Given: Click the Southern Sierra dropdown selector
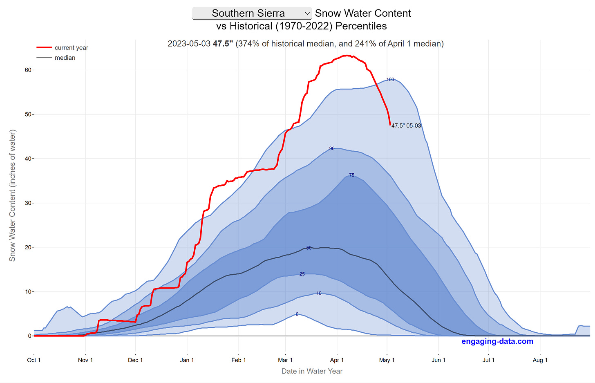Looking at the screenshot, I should click(x=252, y=13).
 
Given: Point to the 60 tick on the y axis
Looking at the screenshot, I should click(x=28, y=70).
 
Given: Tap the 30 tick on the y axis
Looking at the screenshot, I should click(x=28, y=203).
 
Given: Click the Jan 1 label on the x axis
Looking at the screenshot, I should click(x=187, y=360).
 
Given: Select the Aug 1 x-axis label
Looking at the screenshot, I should click(x=540, y=360).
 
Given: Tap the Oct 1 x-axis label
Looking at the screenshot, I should click(x=34, y=360).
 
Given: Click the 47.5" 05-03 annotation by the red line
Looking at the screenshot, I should click(x=406, y=126).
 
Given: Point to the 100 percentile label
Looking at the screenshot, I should click(x=390, y=80).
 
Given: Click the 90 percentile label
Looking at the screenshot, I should click(x=332, y=149).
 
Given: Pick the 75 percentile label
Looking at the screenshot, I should click(x=352, y=175).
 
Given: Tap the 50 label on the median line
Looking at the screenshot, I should click(x=309, y=248).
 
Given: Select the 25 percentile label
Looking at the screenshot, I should click(x=302, y=274).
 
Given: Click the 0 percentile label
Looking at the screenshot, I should click(x=297, y=314).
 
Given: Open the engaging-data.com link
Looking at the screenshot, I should click(x=497, y=342).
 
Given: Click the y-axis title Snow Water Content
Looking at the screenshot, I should click(x=12, y=195).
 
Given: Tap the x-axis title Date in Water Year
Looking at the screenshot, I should click(x=312, y=371).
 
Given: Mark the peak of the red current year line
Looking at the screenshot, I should click(x=347, y=55).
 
